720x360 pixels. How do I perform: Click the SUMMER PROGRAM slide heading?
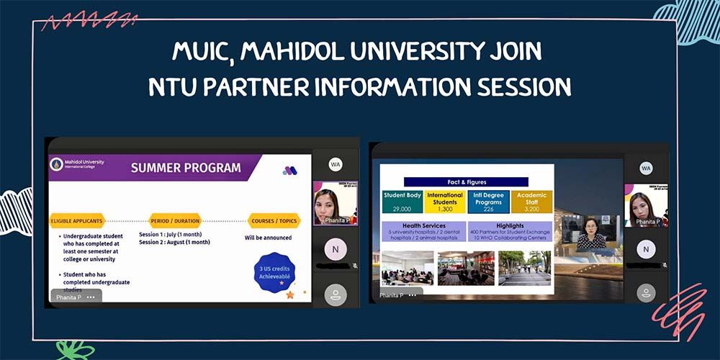coord(186,168)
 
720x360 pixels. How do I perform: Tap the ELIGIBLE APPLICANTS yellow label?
coord(77,220)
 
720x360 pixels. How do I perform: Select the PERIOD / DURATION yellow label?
coord(175,220)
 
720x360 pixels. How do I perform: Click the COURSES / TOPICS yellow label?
coord(274,220)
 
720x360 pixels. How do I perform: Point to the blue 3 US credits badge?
coord(274,273)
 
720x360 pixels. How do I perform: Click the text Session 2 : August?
coord(174,243)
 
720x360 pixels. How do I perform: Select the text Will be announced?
coord(268,237)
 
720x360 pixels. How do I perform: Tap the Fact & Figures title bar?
coord(466,182)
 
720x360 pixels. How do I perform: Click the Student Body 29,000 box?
coord(402,202)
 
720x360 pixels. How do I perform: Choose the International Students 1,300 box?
coord(445,202)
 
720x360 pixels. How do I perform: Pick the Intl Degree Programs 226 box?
coord(488,202)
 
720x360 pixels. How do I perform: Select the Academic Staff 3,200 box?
coord(531,202)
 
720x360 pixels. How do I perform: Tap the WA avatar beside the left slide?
coord(336,165)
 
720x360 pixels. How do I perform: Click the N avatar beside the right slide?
coord(646,249)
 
